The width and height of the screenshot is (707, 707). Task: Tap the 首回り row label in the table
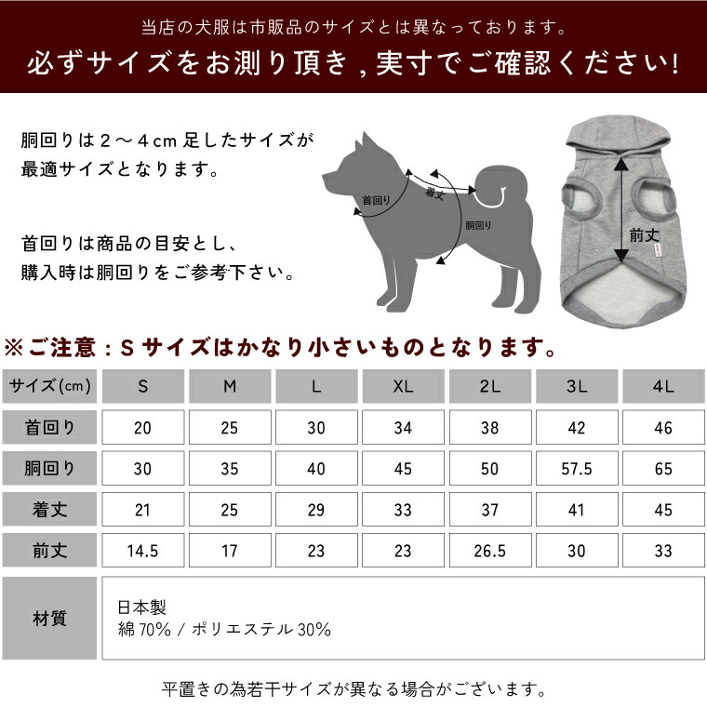[49, 428]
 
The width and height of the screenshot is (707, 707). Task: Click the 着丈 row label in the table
[49, 510]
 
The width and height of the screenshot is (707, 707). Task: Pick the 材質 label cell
[49, 619]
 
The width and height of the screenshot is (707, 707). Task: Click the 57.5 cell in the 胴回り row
[577, 469]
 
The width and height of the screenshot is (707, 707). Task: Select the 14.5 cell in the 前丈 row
[142, 551]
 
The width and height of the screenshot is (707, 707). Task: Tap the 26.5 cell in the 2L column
[489, 551]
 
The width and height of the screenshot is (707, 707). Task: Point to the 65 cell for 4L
[663, 469]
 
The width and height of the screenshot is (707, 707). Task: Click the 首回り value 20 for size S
[142, 428]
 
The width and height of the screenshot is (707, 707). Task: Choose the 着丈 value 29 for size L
[316, 510]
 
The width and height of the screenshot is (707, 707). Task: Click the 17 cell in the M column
[229, 551]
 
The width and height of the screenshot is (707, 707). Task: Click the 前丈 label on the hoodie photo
[644, 236]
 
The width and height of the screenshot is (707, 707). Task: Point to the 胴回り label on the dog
[478, 226]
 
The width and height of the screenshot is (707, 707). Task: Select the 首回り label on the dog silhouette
[375, 200]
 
